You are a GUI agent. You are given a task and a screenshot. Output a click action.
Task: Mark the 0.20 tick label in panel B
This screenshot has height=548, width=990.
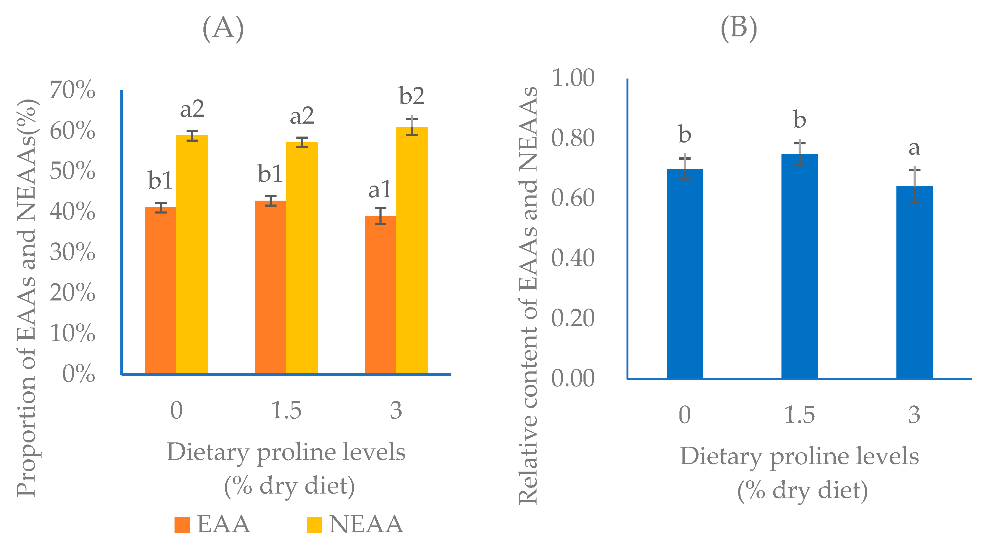(573, 318)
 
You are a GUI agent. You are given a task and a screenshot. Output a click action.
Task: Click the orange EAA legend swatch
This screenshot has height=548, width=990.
(182, 525)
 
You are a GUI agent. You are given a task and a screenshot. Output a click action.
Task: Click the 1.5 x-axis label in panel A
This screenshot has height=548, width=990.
(286, 411)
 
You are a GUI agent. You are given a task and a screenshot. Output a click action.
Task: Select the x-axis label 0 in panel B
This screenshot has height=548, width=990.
(685, 415)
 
